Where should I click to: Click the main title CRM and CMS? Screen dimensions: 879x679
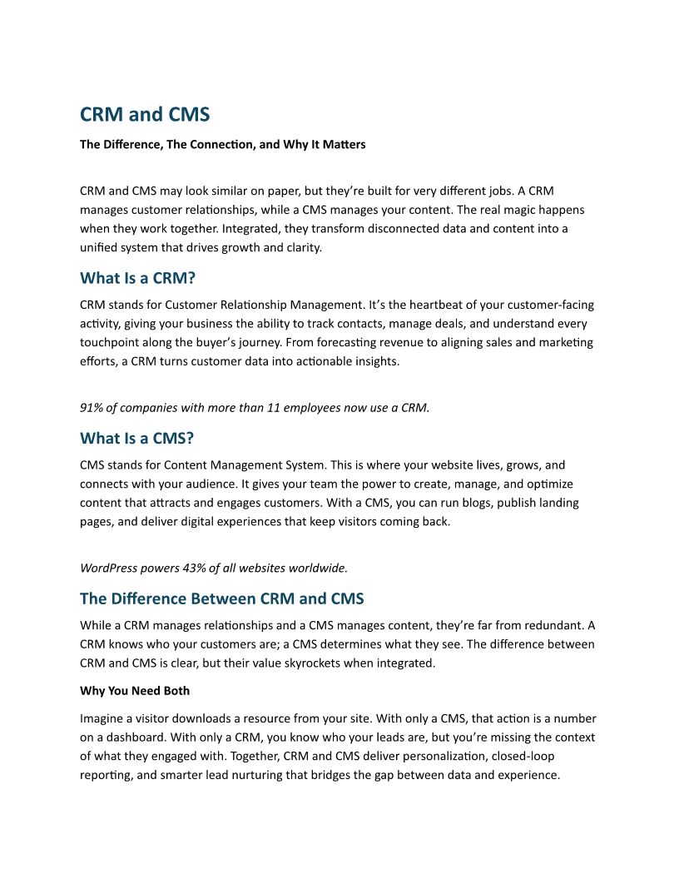pos(145,114)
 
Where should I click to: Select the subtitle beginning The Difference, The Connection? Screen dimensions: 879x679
pos(222,145)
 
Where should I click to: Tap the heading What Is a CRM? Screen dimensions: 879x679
pos(137,278)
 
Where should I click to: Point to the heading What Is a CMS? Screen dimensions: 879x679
pos(136,438)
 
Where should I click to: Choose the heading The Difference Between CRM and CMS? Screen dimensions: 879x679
pos(221,598)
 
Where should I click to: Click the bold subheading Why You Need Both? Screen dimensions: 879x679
pos(135,691)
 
